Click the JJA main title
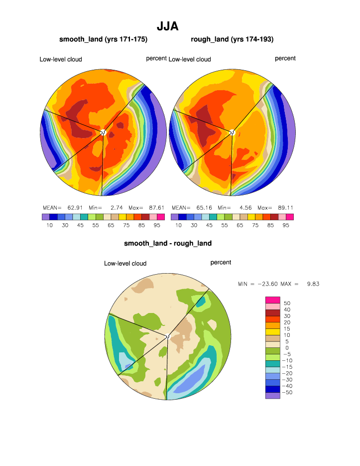(167, 26)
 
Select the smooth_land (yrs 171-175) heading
(103, 39)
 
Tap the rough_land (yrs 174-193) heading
(232, 39)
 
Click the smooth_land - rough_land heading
(168, 243)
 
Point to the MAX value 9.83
(313, 284)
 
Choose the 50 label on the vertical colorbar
(287, 303)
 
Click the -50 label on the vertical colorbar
(288, 393)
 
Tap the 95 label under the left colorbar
(157, 225)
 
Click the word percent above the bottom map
(221, 262)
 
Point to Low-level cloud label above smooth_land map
(61, 59)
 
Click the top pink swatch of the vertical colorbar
(273, 299)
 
